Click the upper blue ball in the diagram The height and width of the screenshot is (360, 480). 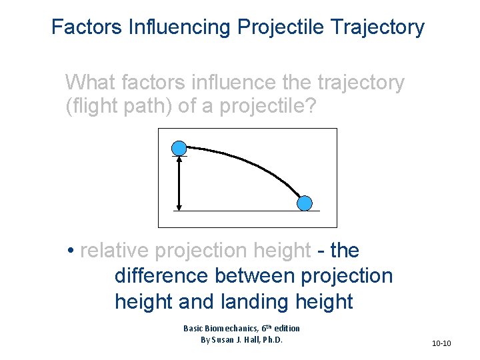tap(179, 148)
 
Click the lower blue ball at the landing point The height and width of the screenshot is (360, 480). tap(304, 203)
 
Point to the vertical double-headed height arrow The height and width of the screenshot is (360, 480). tap(179, 183)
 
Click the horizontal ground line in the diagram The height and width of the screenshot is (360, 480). tap(247, 211)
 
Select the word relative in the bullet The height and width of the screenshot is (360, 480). tap(114, 251)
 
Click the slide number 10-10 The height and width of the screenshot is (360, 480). tap(441, 343)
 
